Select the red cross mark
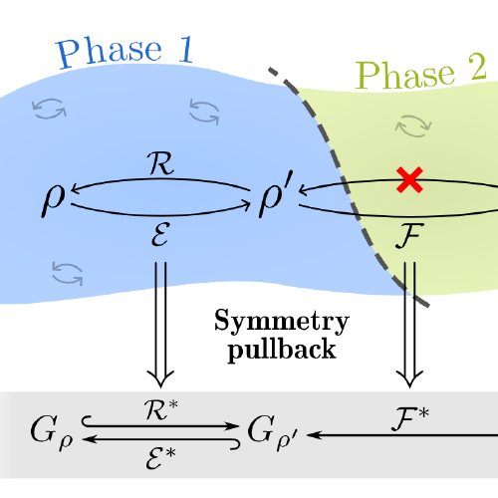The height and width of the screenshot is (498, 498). (x=407, y=179)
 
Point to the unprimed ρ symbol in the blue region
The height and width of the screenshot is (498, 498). (x=53, y=202)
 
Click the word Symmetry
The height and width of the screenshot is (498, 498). (x=283, y=321)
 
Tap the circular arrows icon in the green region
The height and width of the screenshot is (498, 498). (x=410, y=124)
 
